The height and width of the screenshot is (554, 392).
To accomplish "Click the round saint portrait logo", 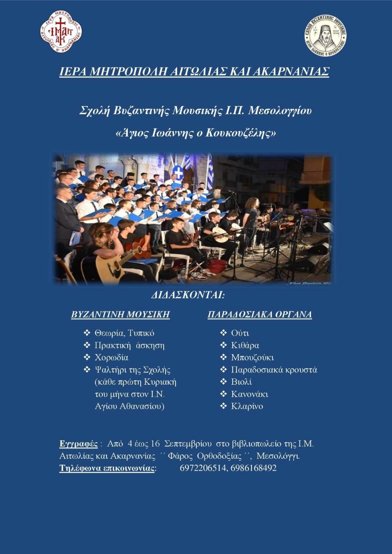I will (x=325, y=35).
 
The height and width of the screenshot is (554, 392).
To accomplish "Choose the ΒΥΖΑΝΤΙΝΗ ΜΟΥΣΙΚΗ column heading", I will (x=121, y=314).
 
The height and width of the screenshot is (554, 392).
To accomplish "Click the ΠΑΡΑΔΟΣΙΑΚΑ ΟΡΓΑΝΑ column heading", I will (x=260, y=314).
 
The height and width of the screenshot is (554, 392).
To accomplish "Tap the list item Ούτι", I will (x=240, y=333).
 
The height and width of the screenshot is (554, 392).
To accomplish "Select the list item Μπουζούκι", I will (x=252, y=357).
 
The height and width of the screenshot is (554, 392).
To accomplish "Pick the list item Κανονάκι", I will (x=250, y=394).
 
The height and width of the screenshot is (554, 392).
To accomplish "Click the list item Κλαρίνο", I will (x=247, y=406).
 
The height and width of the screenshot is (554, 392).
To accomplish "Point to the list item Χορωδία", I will (x=111, y=357).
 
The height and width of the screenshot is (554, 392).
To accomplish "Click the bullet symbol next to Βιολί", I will (x=224, y=382).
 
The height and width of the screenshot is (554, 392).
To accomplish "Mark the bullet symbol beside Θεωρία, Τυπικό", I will (x=87, y=333).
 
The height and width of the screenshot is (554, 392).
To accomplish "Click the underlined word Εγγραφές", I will (x=78, y=444).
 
